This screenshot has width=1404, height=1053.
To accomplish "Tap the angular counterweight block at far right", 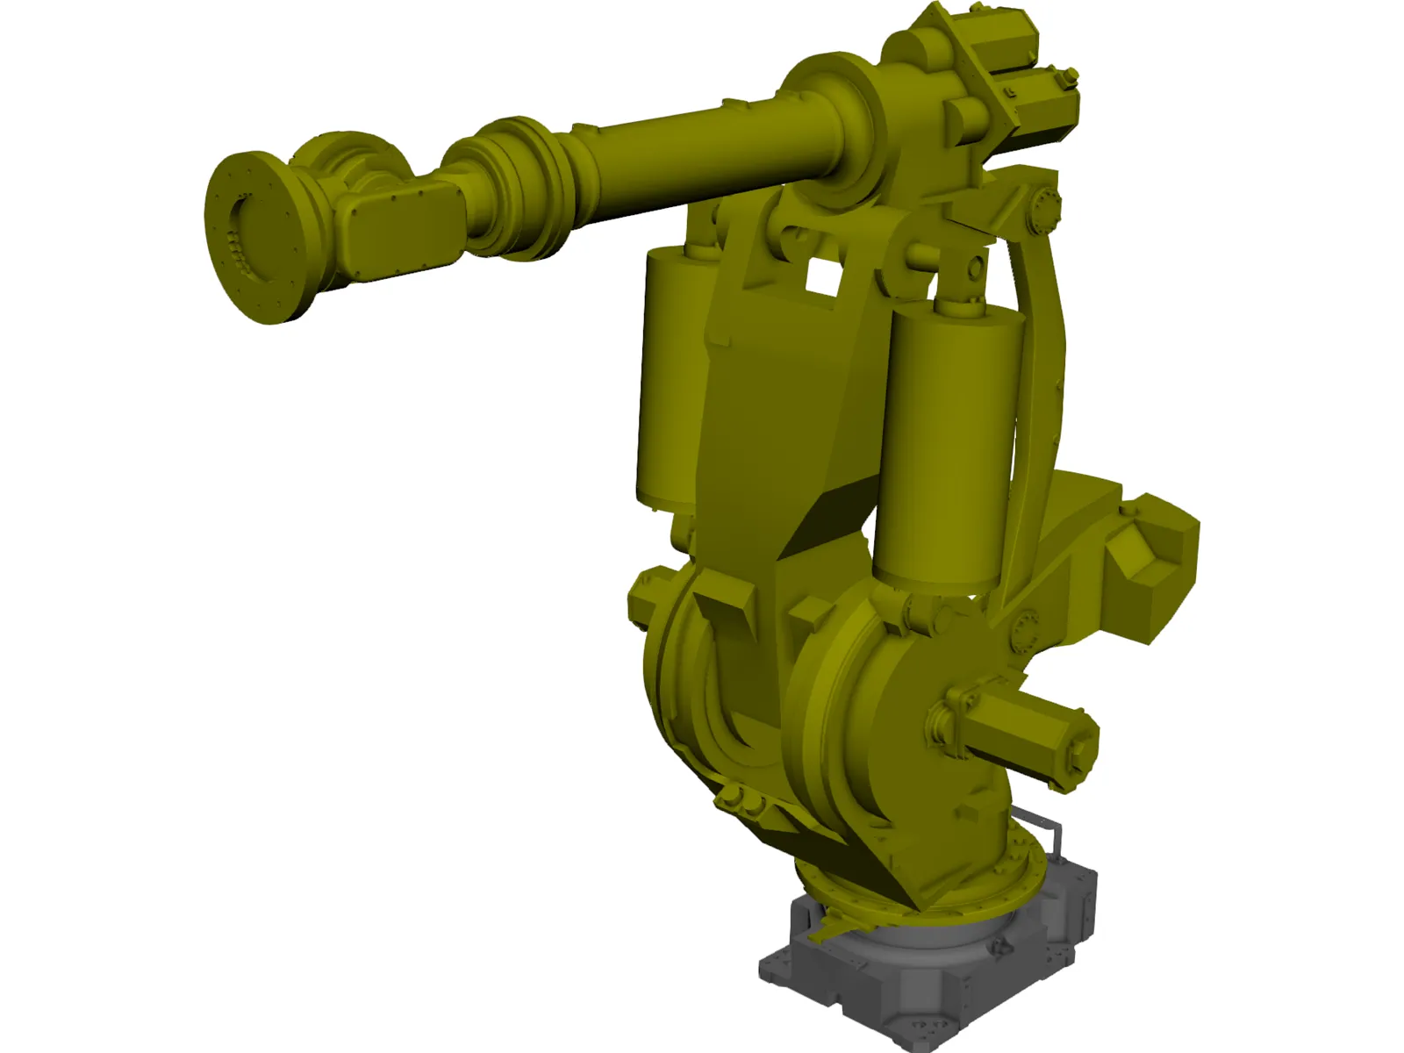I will pyautogui.click(x=1150, y=548).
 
